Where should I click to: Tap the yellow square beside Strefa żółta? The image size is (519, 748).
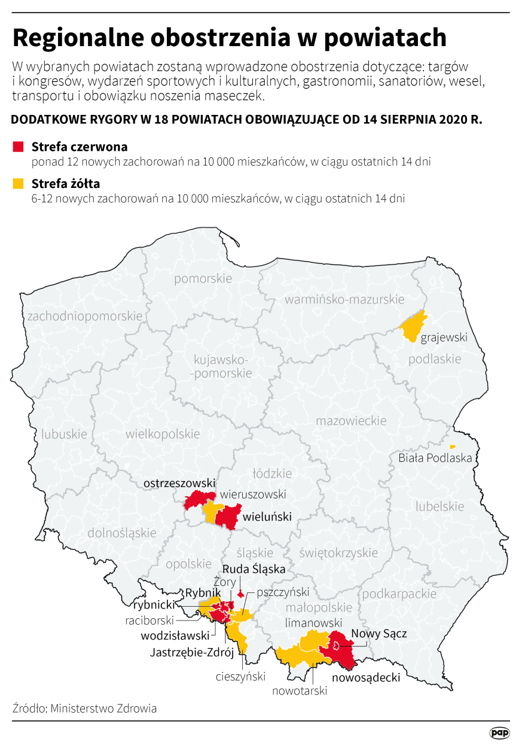(x=18, y=183)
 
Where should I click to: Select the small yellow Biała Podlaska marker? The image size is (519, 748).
(x=452, y=446)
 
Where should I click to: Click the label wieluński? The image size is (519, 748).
(x=267, y=516)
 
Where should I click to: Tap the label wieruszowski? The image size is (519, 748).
(x=253, y=495)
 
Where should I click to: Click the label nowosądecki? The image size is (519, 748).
(x=366, y=678)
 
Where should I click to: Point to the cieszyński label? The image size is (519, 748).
(x=241, y=677)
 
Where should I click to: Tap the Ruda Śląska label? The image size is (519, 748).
(x=254, y=569)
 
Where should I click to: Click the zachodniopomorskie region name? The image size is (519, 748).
(x=85, y=315)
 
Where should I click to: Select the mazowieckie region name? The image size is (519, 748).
(x=351, y=421)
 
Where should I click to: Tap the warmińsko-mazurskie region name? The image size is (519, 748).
(x=344, y=299)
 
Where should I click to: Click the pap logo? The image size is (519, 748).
(x=499, y=732)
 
